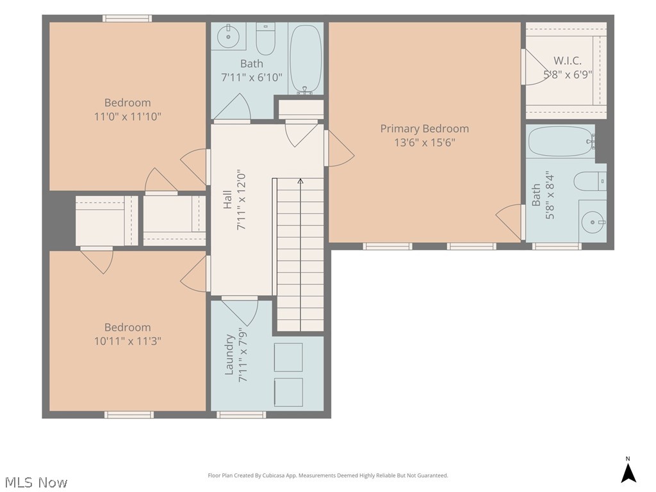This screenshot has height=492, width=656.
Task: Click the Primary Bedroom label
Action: [x=424, y=128]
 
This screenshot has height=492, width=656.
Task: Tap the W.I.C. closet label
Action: [x=568, y=61]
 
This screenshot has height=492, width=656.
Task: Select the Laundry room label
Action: [x=229, y=354]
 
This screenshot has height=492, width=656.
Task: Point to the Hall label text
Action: [x=227, y=200]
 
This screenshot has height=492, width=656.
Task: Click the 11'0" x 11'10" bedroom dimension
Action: [x=127, y=117]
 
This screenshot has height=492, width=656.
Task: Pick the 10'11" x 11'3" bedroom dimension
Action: [x=127, y=341]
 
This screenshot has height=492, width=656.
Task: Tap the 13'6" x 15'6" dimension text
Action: [x=424, y=142]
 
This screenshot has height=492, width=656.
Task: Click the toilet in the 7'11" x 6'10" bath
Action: [x=265, y=39]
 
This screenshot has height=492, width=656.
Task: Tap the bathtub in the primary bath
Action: [x=561, y=142]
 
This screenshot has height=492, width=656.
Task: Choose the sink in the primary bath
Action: [x=593, y=222]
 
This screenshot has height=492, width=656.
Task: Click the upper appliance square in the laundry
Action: [x=288, y=357]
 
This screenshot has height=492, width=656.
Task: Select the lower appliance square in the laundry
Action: [x=288, y=392]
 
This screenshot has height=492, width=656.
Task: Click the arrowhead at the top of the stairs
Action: [x=300, y=181]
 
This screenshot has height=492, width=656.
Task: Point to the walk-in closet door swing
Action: [x=536, y=67]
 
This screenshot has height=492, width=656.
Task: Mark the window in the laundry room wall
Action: [x=241, y=414]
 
